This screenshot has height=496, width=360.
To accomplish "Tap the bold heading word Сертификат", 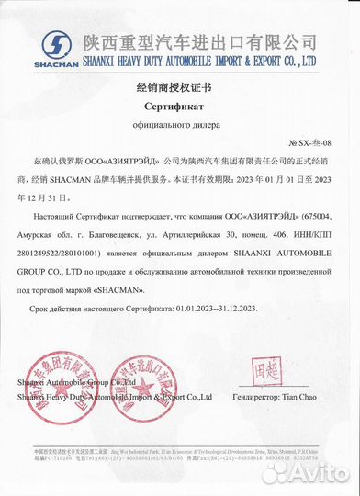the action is (x=181, y=107).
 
